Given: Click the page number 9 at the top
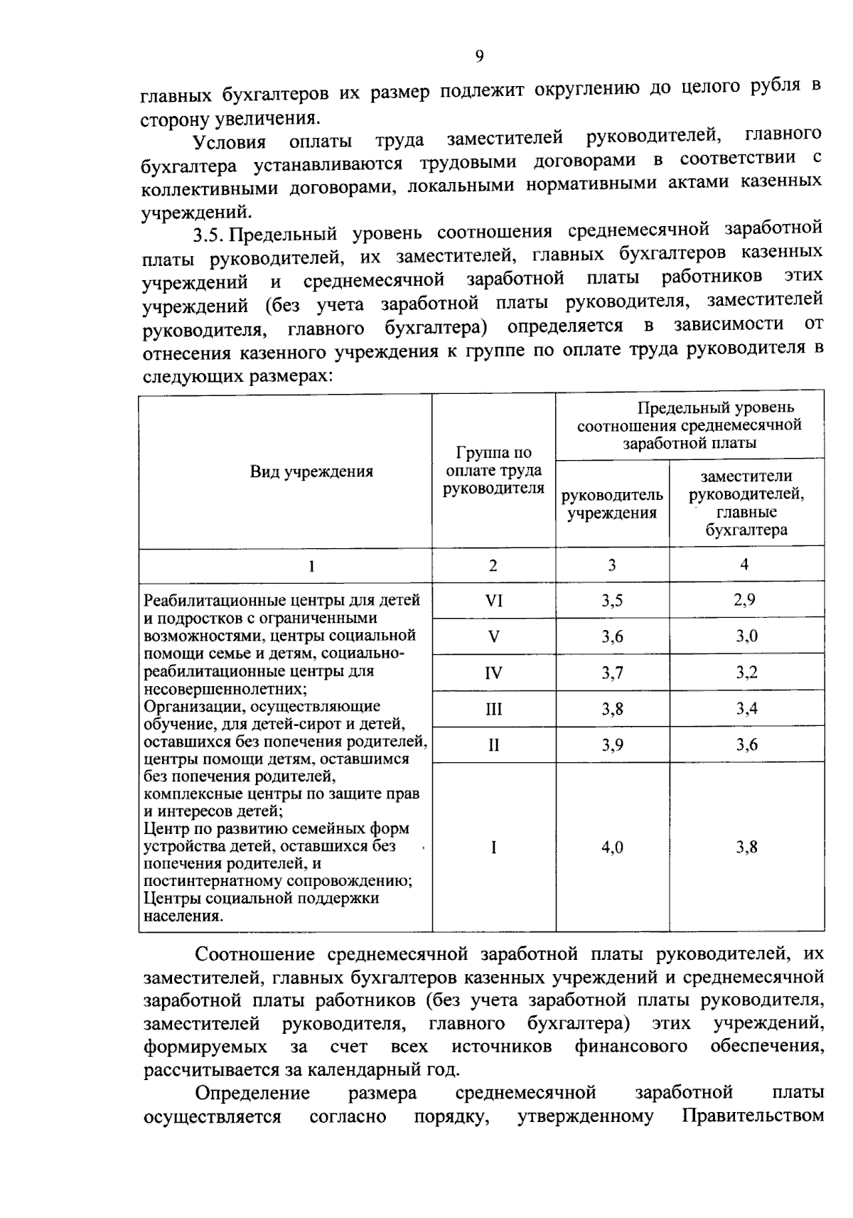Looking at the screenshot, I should click(479, 56).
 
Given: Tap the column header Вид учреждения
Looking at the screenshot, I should click(311, 471).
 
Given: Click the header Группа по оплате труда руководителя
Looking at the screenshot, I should click(493, 470).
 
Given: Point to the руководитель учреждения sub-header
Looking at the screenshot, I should click(612, 503).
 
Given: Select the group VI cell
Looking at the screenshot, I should click(493, 601).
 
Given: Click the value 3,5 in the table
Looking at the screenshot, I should click(612, 601).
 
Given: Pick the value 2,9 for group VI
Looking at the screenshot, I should click(745, 599).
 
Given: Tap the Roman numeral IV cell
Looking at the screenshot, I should click(493, 673).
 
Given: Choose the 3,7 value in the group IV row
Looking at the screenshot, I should click(612, 673).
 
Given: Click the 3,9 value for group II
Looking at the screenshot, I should click(612, 744).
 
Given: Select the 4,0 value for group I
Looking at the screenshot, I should click(612, 847).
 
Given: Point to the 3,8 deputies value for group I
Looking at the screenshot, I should click(746, 847).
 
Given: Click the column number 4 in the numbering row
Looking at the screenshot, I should click(744, 565).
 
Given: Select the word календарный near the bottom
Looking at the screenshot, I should click(365, 1069).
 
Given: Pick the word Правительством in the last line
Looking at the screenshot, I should click(753, 1116).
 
